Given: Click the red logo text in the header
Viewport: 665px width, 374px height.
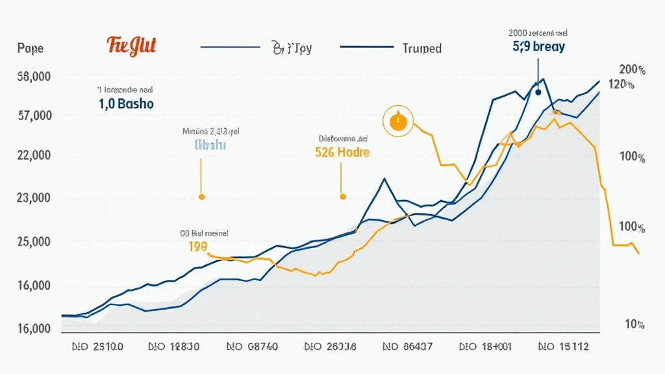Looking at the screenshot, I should tap(132, 46).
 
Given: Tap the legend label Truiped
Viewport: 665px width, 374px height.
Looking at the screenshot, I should tap(422, 49).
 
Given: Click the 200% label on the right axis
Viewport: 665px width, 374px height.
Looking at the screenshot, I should tap(632, 70).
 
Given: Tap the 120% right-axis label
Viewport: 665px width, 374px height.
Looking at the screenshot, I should tap(621, 84).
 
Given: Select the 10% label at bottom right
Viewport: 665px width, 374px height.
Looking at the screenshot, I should tap(634, 324).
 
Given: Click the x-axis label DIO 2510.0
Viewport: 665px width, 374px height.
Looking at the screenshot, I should tap(97, 347).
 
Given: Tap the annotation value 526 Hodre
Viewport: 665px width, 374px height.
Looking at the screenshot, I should tap(342, 153).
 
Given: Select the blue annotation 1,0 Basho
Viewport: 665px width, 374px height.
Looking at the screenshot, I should tap(126, 103).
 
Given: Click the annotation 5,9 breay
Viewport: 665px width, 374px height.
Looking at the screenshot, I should tap(538, 47).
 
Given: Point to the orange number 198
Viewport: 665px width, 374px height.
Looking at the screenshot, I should tap(197, 247).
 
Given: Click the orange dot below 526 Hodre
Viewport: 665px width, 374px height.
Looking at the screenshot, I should tap(343, 195).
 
